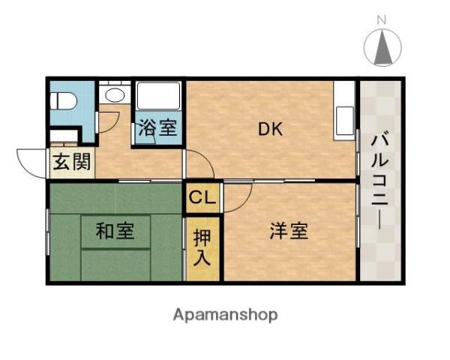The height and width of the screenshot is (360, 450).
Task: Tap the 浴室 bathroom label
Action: point(157,128)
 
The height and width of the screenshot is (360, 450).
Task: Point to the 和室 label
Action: point(115,232)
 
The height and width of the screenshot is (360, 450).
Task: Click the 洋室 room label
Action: point(288,232)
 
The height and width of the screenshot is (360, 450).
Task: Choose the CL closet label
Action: point(202,198)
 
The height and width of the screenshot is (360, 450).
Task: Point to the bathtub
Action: point(157,97)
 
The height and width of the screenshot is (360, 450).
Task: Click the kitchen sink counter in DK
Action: point(344,112)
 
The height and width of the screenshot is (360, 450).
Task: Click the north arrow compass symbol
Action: point(381,48)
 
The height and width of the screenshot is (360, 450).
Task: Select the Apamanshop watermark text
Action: point(226,314)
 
